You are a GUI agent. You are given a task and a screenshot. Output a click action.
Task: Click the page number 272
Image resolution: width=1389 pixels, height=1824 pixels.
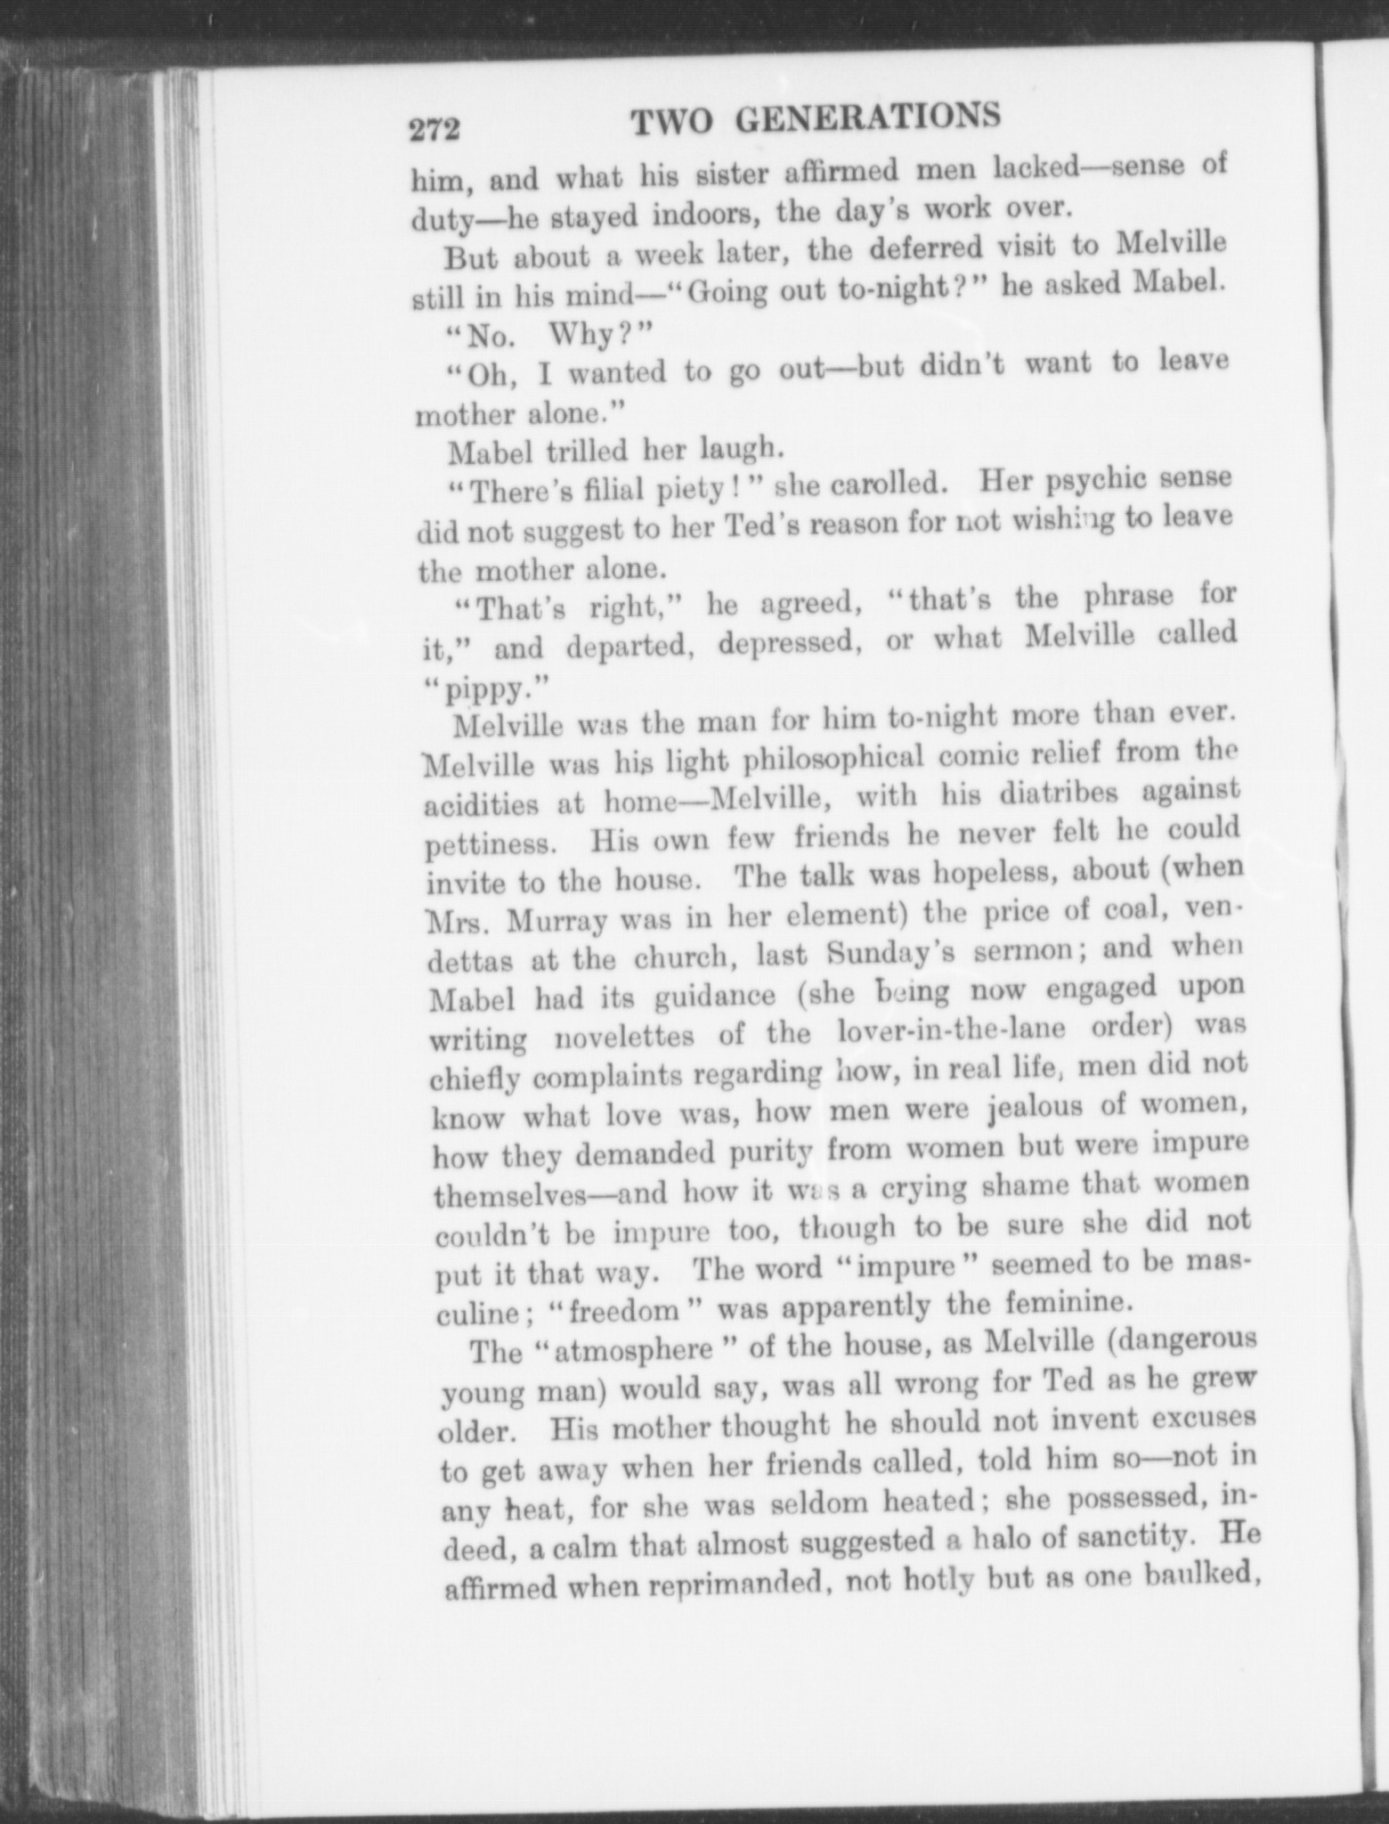[434, 131]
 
